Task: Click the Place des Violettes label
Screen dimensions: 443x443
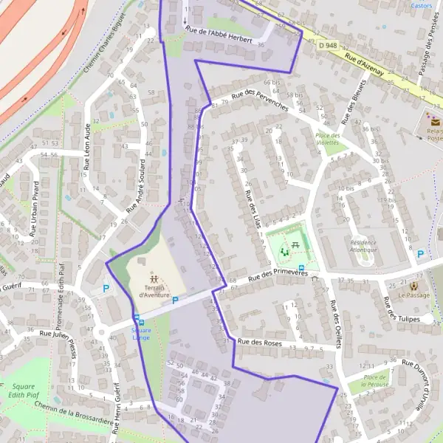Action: pyautogui.click(x=328, y=140)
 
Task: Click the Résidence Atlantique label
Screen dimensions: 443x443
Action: pyautogui.click(x=363, y=246)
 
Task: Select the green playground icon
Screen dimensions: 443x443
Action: pyautogui.click(x=285, y=252)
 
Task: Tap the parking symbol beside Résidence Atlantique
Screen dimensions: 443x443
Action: pyautogui.click(x=420, y=254)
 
